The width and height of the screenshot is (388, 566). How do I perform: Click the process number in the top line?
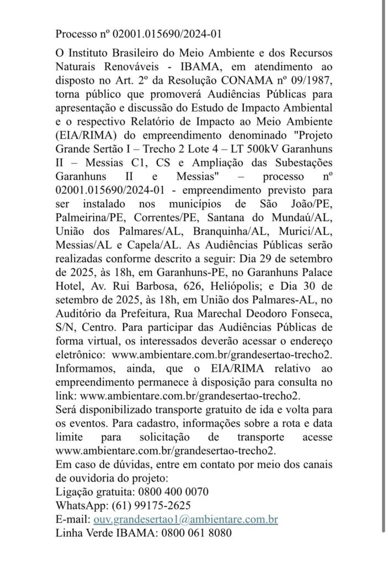[x=168, y=34]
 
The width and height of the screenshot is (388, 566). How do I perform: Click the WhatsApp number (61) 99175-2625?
[x=153, y=505]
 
